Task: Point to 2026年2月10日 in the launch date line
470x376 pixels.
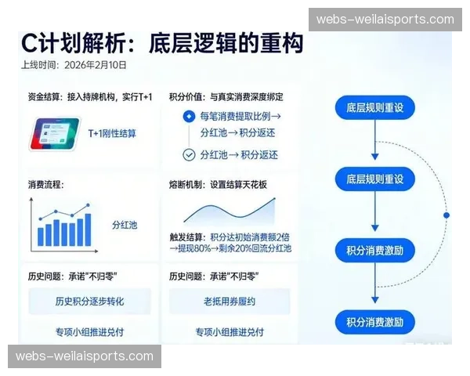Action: [96, 66]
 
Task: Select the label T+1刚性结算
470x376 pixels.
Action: [111, 133]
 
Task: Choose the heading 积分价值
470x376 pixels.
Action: [187, 97]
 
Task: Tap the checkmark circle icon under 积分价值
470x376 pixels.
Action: [188, 154]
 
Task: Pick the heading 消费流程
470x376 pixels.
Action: [46, 185]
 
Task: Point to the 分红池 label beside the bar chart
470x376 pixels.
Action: [125, 225]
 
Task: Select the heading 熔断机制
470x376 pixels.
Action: [187, 185]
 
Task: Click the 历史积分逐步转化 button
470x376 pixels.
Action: [89, 301]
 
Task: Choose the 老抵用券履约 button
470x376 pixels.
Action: [230, 301]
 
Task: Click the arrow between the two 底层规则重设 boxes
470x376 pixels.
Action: [375, 143]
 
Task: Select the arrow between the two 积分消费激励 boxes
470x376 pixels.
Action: [375, 286]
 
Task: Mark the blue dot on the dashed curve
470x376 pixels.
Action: [446, 214]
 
